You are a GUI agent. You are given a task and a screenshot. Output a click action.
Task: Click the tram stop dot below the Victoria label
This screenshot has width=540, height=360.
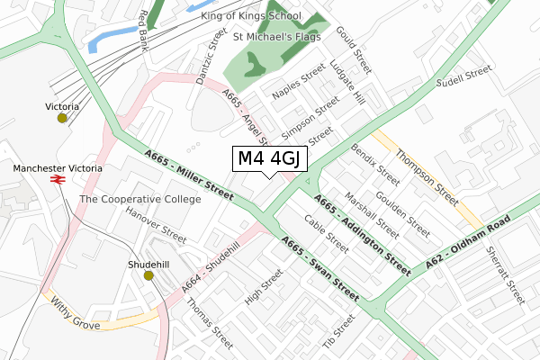pos(62,118)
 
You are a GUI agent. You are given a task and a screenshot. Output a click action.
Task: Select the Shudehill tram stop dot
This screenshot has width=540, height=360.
pos(149,275)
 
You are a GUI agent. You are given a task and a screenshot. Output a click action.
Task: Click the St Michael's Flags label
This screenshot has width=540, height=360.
pos(275,38)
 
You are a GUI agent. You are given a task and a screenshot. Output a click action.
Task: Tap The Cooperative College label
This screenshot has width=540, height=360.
pos(139,199)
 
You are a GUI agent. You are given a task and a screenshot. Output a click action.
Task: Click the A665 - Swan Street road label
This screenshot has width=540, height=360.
pos(319,267)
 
